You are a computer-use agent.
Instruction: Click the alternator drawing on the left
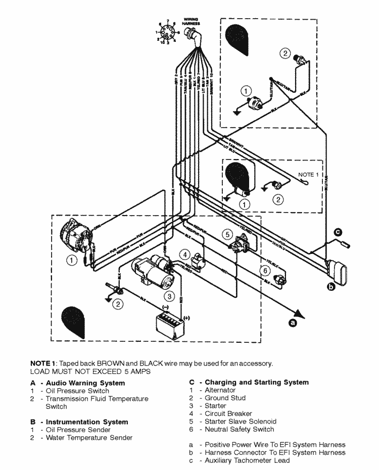[x=75, y=237]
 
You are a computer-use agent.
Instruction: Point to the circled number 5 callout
[x=228, y=234]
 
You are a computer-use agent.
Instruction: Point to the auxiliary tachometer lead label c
[x=338, y=232]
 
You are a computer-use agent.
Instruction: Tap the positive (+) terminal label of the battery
[x=187, y=318]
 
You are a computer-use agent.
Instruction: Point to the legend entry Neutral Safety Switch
[x=239, y=429]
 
